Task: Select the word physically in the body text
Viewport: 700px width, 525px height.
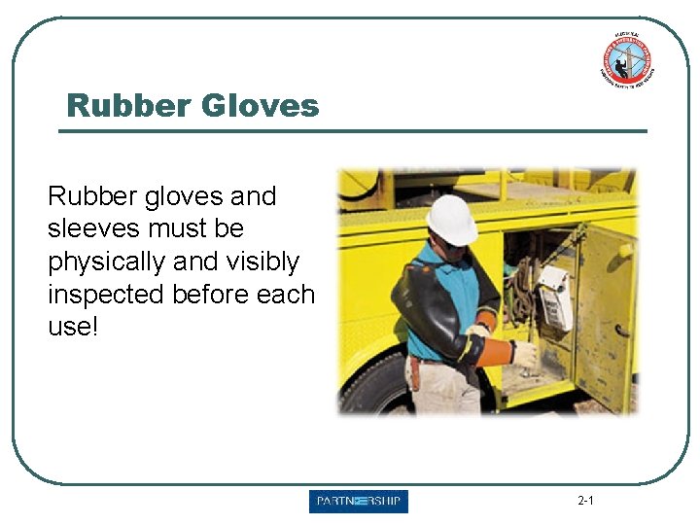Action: click(104, 262)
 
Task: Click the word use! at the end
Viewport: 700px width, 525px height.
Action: click(73, 327)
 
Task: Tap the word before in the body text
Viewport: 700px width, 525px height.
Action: click(216, 294)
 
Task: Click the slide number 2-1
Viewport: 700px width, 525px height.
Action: click(585, 502)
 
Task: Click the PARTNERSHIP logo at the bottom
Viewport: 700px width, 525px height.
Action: click(359, 502)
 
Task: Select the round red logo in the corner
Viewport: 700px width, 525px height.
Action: click(626, 61)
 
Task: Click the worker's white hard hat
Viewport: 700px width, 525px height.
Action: click(452, 220)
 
